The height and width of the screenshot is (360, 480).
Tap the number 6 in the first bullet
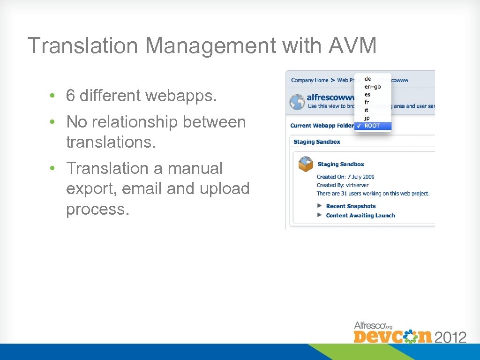(x=70, y=96)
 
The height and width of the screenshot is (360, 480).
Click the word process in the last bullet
(x=96, y=209)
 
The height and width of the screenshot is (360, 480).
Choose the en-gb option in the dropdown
(x=372, y=86)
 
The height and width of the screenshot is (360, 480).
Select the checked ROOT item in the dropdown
(x=372, y=126)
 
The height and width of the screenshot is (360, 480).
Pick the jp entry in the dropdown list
(x=367, y=118)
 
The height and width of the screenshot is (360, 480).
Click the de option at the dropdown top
(x=367, y=79)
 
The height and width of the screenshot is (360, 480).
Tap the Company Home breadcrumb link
(x=309, y=80)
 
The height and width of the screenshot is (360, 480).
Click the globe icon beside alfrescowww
(x=297, y=102)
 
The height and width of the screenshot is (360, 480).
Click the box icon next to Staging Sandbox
(x=306, y=164)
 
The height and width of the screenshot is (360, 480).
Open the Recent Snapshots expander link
(x=351, y=206)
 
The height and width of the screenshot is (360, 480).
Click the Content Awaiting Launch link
(x=360, y=216)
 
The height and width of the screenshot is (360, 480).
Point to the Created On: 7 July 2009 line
(x=345, y=177)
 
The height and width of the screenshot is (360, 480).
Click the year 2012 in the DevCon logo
(x=450, y=337)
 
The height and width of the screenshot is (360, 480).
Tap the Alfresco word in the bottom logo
(x=368, y=325)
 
